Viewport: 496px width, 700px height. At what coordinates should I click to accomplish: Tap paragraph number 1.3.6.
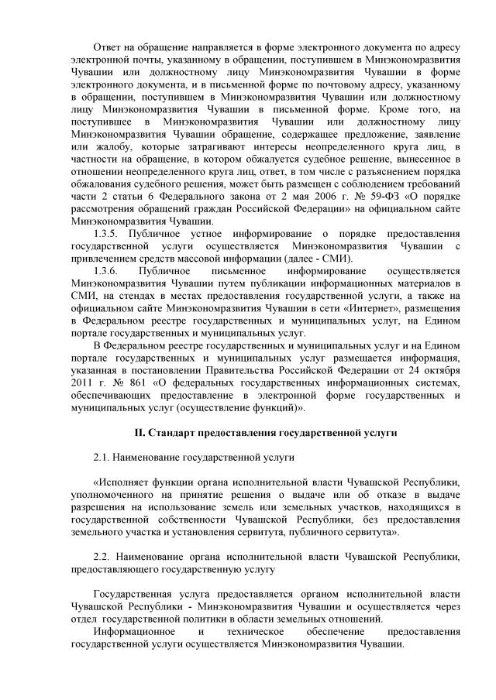(106, 270)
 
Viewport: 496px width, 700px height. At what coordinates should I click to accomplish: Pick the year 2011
(81, 382)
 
